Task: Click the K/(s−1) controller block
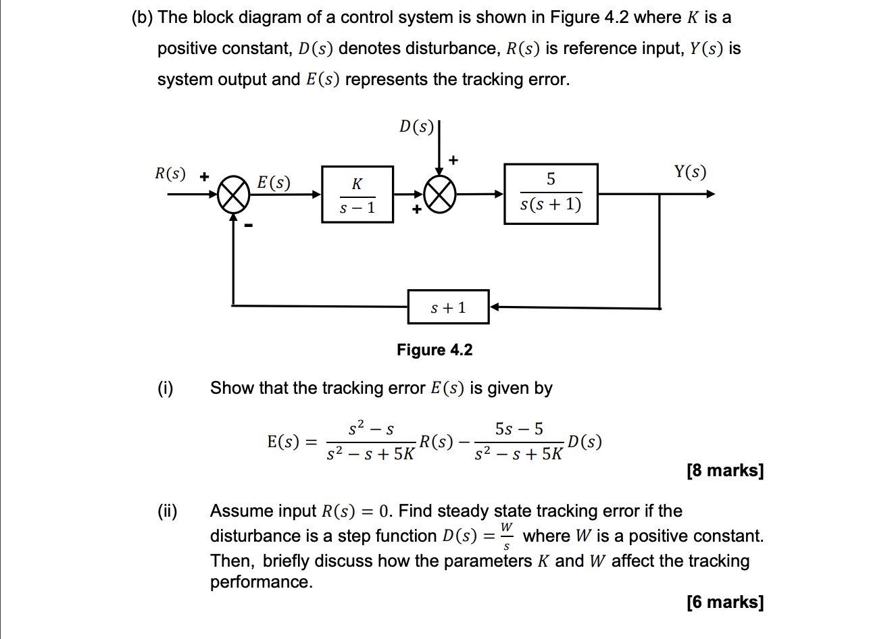357,195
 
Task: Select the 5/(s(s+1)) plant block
551,194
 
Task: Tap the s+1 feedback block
448,308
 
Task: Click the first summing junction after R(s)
233,195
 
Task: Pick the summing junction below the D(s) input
441,195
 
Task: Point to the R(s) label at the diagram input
170,173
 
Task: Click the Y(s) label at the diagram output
689,173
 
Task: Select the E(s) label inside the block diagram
274,182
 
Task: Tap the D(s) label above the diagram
416,127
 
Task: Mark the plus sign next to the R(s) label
202,175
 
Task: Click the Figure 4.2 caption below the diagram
434,350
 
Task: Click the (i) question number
165,388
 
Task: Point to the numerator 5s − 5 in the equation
518,429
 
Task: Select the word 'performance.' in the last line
262,582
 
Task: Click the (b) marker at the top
142,18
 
